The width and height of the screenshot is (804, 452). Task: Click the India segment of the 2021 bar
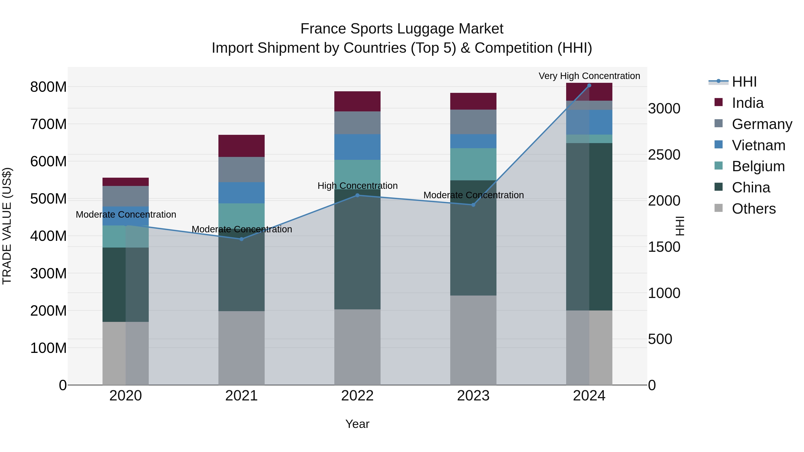click(x=241, y=146)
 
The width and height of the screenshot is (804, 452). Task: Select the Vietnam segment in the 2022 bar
click(x=357, y=147)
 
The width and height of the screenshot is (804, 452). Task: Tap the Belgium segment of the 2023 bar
click(x=473, y=164)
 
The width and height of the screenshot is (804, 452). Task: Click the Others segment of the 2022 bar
click(x=357, y=347)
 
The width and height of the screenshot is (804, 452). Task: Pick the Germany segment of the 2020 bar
click(x=126, y=196)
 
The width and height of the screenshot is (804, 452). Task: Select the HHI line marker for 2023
click(x=473, y=205)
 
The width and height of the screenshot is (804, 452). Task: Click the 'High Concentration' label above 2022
click(x=357, y=186)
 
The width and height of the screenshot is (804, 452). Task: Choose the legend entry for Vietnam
click(x=758, y=145)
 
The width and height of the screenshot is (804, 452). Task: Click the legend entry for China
click(x=751, y=187)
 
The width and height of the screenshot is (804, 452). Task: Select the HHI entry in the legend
click(x=744, y=82)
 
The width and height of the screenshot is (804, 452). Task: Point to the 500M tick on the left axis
click(x=48, y=199)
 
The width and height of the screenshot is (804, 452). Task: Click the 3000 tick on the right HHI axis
click(x=664, y=108)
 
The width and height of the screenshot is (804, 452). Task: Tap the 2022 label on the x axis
click(x=357, y=396)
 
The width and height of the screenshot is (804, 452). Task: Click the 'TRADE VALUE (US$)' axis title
click(x=7, y=226)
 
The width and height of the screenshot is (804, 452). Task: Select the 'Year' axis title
click(x=357, y=424)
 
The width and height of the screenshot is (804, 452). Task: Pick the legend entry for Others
click(x=754, y=209)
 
